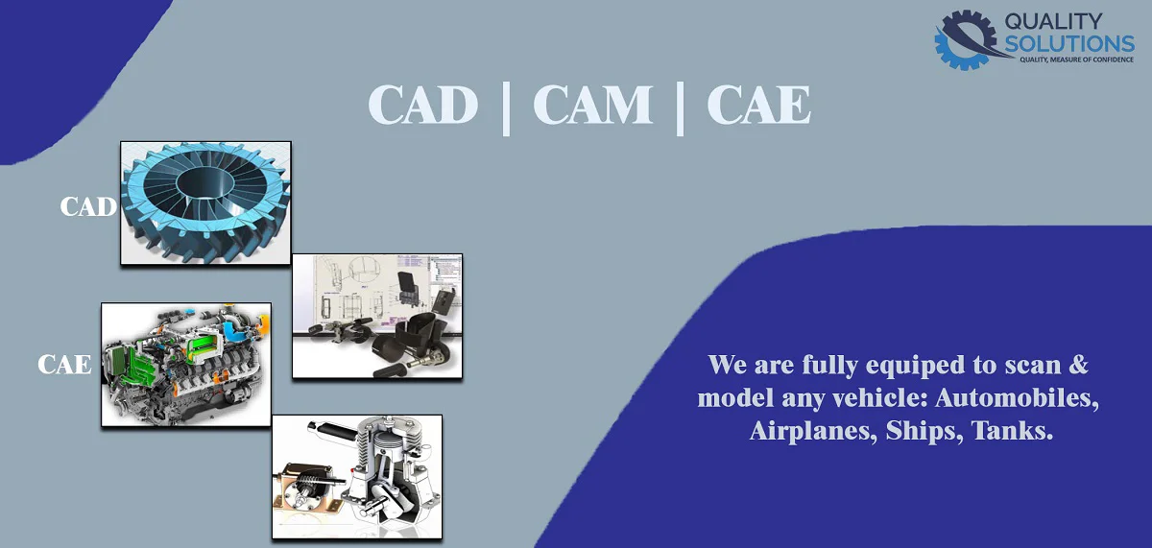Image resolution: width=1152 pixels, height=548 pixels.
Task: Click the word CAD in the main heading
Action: click(x=422, y=105)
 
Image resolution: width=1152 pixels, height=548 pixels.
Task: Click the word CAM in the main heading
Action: click(x=590, y=105)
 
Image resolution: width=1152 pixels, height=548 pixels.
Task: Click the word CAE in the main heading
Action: click(x=758, y=105)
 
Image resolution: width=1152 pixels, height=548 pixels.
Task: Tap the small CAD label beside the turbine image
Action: click(x=88, y=206)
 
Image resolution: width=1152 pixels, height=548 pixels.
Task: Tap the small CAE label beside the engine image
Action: click(x=65, y=365)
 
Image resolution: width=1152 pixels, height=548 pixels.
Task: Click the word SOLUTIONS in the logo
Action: click(x=1069, y=43)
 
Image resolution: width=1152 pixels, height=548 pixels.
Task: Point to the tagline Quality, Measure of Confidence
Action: click(x=1074, y=60)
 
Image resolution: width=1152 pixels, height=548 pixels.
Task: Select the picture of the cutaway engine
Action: click(x=186, y=365)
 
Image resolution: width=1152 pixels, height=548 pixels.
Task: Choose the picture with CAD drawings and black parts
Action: click(x=377, y=315)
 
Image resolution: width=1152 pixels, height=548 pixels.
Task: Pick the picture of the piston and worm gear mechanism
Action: click(x=357, y=476)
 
